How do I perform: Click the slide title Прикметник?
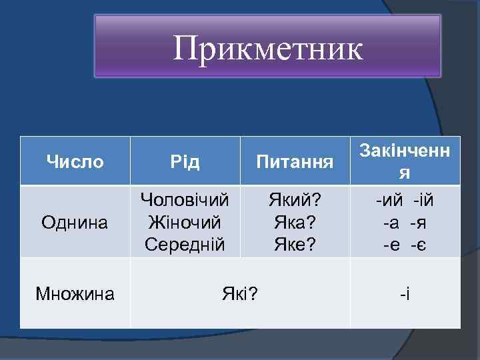(x=268, y=48)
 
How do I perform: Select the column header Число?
(x=75, y=161)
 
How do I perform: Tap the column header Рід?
(x=185, y=162)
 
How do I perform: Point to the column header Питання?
(x=295, y=162)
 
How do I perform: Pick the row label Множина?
(x=75, y=293)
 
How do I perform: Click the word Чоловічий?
(x=185, y=199)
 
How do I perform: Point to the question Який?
(x=295, y=199)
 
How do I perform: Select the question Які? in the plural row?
(x=240, y=293)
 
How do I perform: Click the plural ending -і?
(x=405, y=293)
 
